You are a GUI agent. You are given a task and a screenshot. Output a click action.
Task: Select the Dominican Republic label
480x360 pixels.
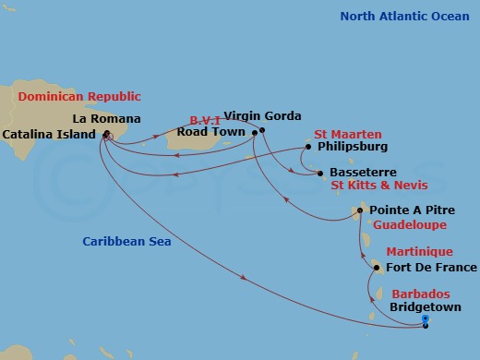tap(76, 95)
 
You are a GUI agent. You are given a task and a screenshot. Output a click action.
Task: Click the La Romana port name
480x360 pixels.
tap(108, 118)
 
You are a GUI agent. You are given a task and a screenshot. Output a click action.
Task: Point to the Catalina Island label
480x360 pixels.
tap(49, 134)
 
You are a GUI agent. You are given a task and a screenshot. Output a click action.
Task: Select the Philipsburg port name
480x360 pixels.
tap(352, 146)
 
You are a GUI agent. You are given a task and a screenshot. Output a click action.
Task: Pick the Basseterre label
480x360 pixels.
tap(357, 173)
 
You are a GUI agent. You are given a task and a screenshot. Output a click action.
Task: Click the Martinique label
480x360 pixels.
tap(419, 251)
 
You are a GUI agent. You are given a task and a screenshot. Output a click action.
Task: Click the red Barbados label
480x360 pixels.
tap(421, 293)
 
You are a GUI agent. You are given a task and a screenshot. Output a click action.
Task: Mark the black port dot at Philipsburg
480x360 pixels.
tap(309, 146)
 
